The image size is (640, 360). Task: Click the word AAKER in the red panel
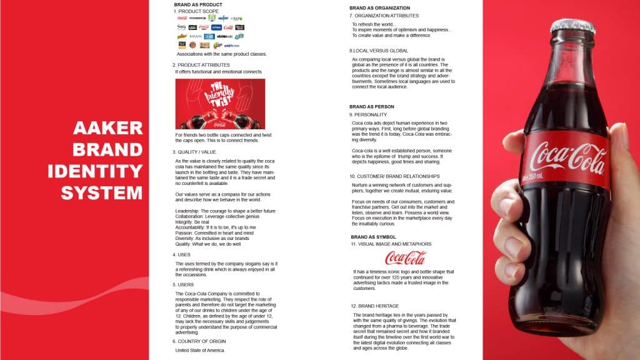(x=108, y=129)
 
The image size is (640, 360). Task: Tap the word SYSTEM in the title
(x=102, y=192)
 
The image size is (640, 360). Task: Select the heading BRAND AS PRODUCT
(x=197, y=4)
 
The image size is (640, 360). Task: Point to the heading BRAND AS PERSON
(x=371, y=107)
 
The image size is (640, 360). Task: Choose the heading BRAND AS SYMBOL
(x=373, y=237)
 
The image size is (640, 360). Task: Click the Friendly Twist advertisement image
(x=219, y=104)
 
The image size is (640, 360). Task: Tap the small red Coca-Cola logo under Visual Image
(x=405, y=257)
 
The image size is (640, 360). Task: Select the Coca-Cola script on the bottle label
(x=565, y=157)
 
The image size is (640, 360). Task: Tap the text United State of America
(x=199, y=350)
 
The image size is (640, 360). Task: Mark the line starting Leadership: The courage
(x=226, y=211)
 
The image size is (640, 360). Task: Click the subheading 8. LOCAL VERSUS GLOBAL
(x=379, y=51)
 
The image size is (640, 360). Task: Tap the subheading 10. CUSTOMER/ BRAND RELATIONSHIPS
(x=394, y=176)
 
